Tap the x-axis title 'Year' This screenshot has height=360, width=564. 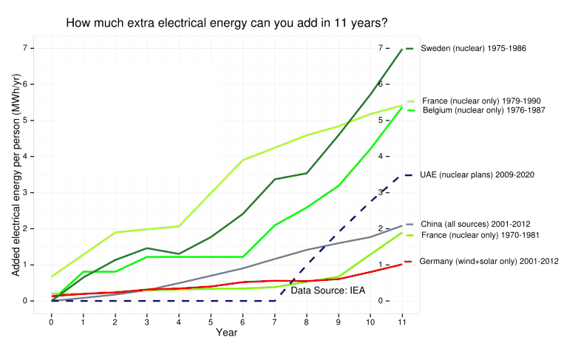click(x=226, y=333)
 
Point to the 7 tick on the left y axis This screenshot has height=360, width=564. click(x=24, y=49)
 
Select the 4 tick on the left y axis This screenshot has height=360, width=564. click(x=24, y=157)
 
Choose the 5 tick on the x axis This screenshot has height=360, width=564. click(x=211, y=322)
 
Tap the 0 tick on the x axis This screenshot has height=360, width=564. click(x=51, y=322)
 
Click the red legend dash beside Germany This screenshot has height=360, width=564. click(x=409, y=262)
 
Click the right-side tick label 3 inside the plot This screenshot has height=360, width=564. click(x=381, y=192)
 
